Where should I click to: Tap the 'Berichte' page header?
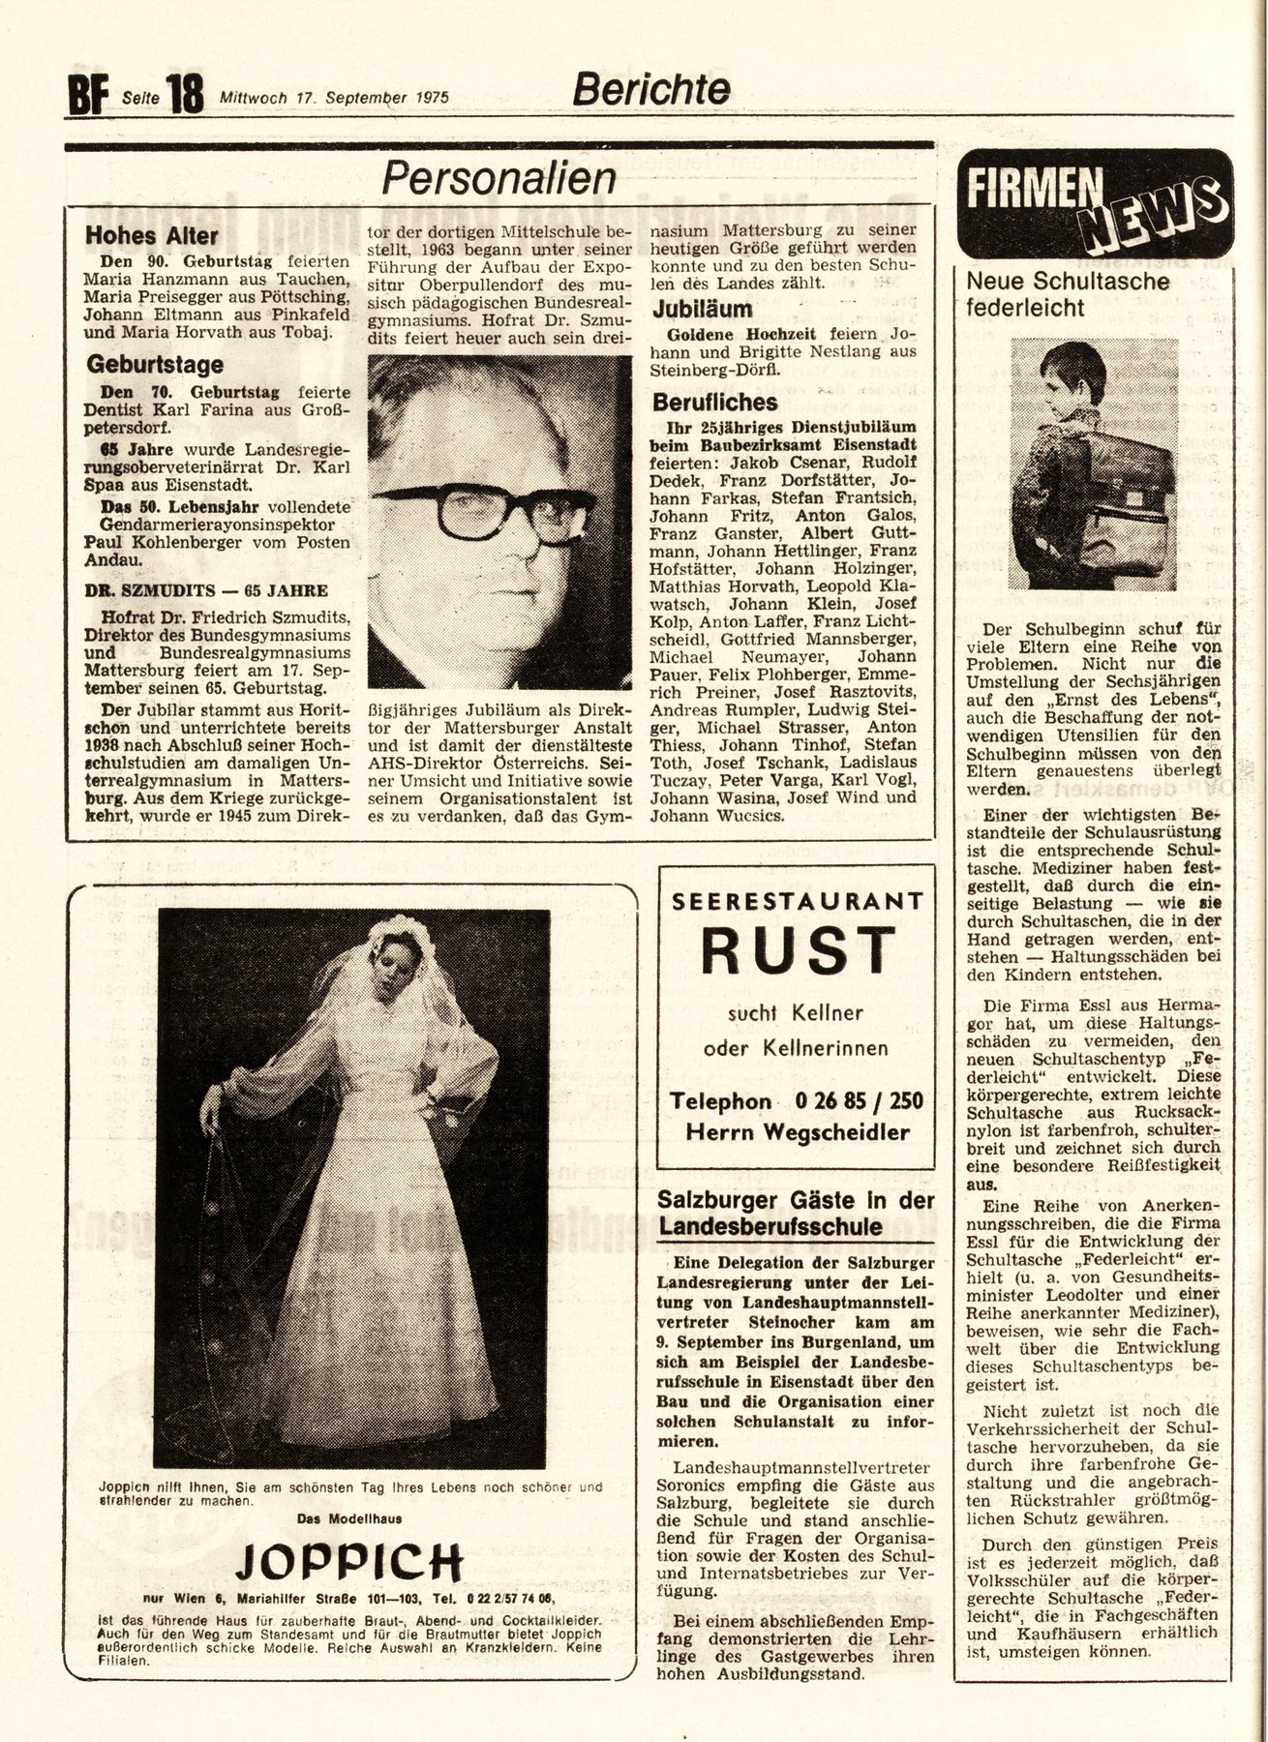[650, 89]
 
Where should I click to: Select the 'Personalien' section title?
[498, 178]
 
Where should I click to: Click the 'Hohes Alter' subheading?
[152, 235]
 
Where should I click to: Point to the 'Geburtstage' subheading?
[155, 365]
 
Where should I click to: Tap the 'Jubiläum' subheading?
[702, 310]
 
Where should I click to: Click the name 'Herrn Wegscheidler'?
[798, 1131]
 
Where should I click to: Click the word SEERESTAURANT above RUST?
[798, 900]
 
